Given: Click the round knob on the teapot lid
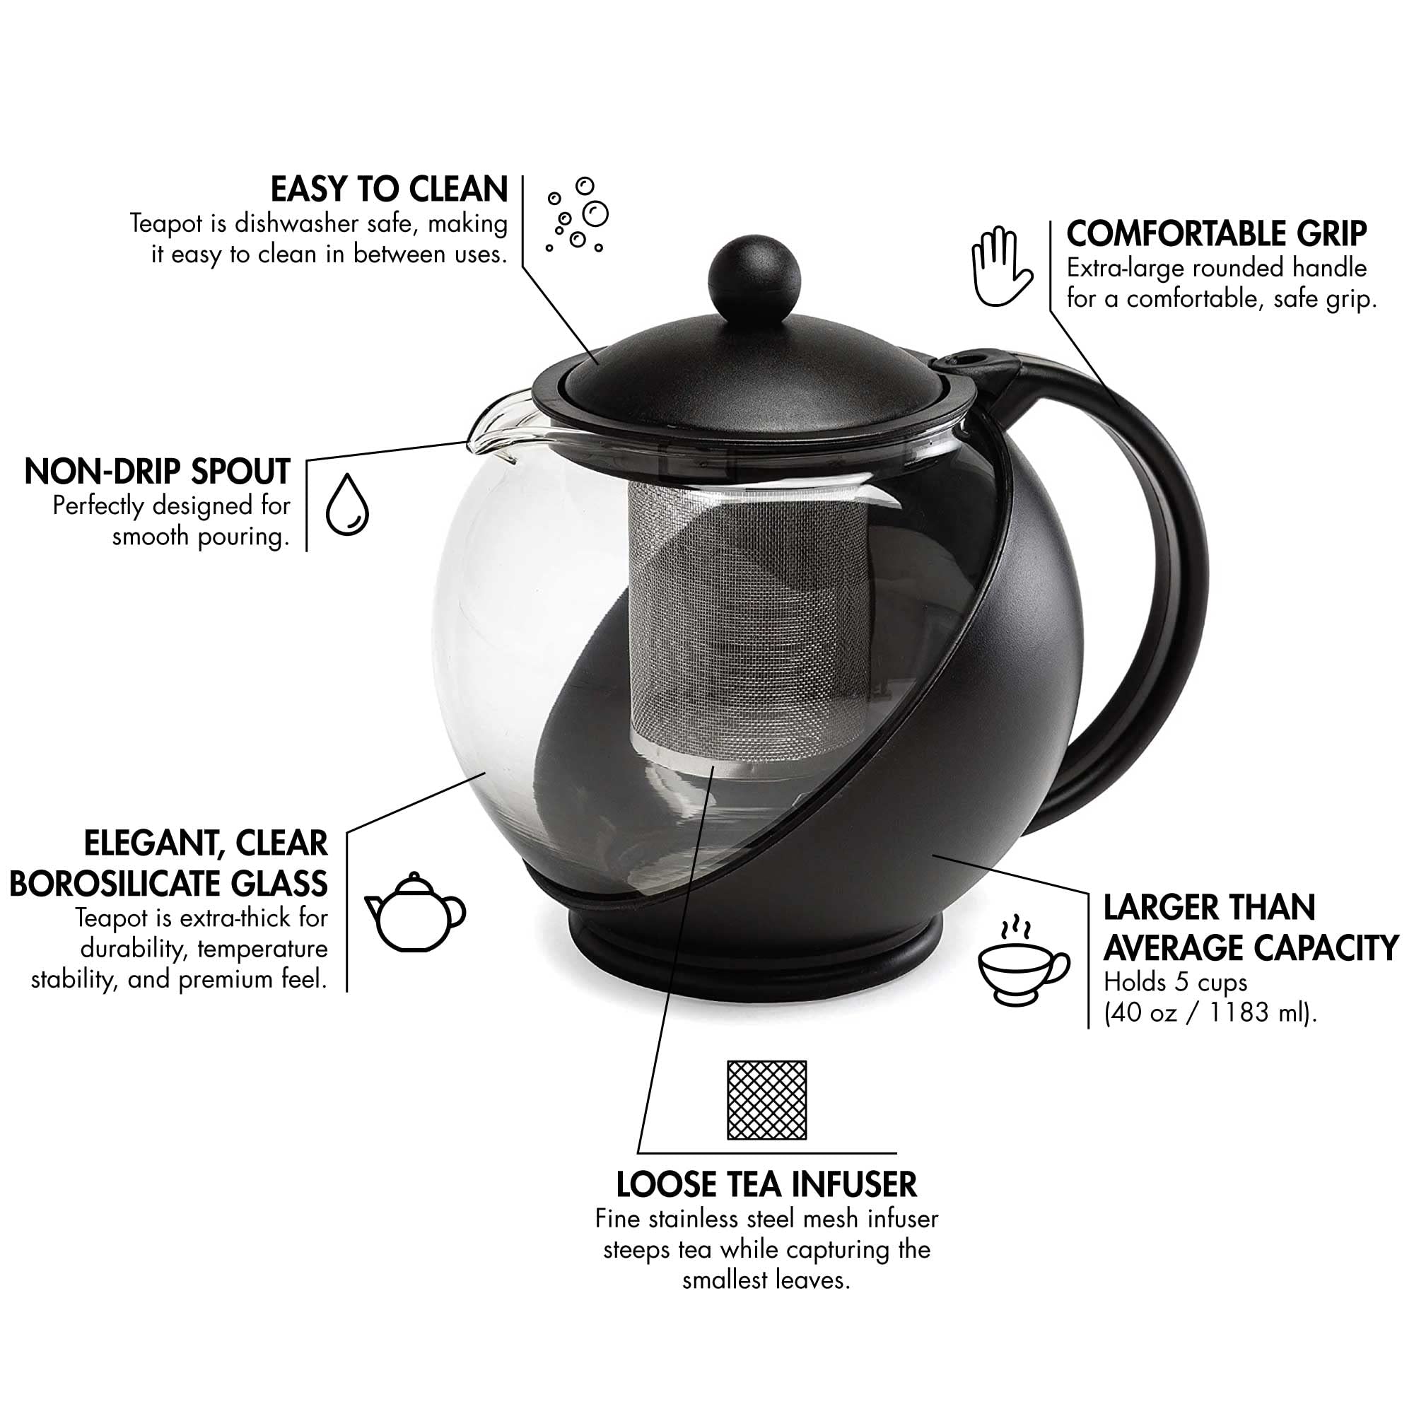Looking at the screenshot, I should (754, 275).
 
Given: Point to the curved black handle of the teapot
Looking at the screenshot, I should (1164, 571).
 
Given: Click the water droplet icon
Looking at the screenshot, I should (347, 504).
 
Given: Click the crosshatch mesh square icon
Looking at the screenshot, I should (766, 1100).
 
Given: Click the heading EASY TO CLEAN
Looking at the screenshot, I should (389, 189).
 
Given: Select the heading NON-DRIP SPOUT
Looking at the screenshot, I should (158, 472).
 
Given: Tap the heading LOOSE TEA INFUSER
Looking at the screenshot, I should (766, 1184).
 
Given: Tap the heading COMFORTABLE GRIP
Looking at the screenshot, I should (1216, 234).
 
